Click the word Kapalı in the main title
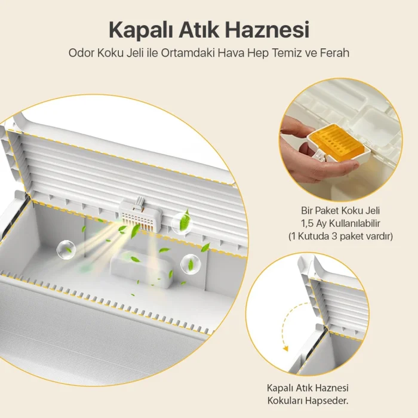[141, 30]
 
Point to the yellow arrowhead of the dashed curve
[286, 348]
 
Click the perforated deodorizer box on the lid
[141, 215]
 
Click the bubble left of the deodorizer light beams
[66, 250]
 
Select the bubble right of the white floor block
[190, 264]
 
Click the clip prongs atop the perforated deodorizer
[140, 202]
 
